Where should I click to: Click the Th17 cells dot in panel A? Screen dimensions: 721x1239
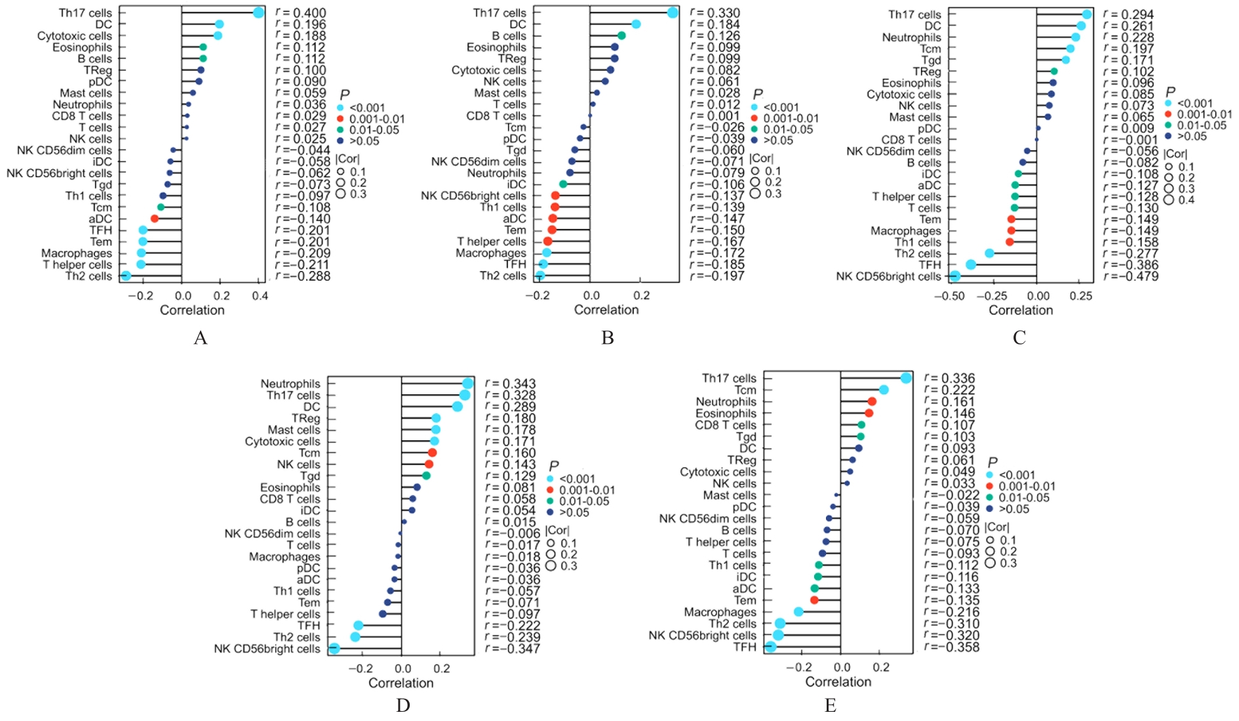[258, 12]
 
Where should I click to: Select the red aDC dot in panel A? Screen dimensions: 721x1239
[155, 218]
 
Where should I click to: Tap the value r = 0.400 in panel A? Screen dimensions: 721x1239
[301, 13]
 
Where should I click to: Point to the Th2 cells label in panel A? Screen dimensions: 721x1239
[88, 276]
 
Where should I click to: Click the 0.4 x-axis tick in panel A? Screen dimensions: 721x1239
[260, 297]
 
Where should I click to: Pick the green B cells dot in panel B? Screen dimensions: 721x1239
[621, 35]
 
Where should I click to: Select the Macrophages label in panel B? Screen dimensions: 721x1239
[491, 253]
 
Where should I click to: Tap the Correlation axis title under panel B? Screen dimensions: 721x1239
[606, 310]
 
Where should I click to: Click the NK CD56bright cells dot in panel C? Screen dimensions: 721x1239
[955, 276]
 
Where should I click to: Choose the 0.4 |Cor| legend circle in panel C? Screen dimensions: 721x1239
[1169, 199]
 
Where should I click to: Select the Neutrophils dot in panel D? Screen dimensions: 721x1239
[468, 384]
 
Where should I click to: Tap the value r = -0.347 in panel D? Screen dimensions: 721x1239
[513, 649]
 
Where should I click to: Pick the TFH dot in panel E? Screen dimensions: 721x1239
[770, 647]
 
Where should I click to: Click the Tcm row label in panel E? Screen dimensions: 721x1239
[745, 390]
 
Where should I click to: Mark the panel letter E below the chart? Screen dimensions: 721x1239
[831, 706]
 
